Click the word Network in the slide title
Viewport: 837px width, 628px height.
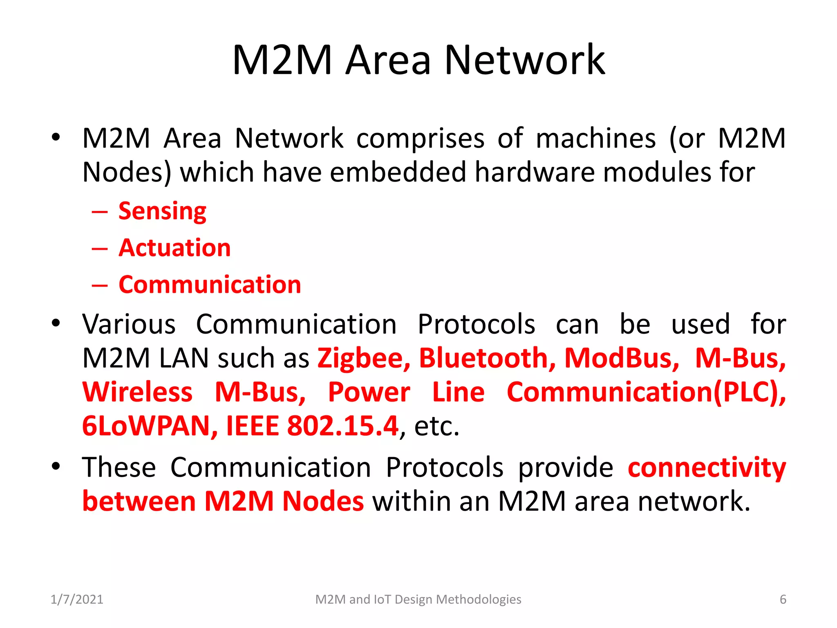[524, 61]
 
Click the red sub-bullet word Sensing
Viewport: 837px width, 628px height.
[162, 211]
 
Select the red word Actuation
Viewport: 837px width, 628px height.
[175, 248]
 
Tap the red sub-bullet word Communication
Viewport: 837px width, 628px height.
[210, 285]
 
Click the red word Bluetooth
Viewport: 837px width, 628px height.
[487, 358]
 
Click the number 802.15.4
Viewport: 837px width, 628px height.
[342, 426]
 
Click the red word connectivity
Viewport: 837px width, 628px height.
[707, 468]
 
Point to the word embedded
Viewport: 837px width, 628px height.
[398, 172]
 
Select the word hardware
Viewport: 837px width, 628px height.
[534, 172]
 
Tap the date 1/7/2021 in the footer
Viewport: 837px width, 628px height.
[77, 599]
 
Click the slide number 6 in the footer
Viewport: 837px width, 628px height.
[783, 599]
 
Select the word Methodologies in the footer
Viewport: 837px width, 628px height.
[479, 599]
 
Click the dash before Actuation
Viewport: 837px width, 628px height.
[100, 248]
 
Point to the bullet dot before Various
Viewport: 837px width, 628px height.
[56, 323]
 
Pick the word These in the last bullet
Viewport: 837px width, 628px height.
[119, 468]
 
